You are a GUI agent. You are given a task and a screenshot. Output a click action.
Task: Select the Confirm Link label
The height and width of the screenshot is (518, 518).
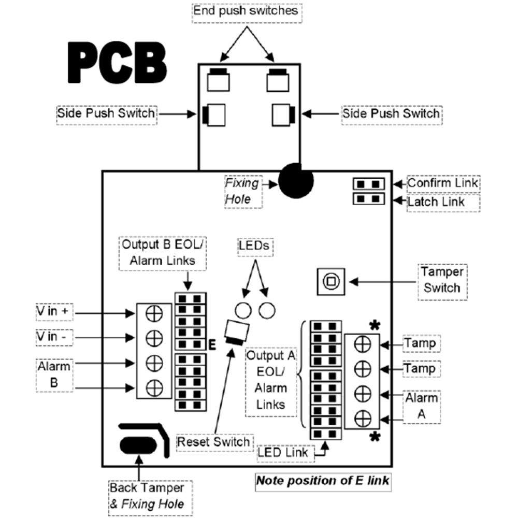[x=442, y=183]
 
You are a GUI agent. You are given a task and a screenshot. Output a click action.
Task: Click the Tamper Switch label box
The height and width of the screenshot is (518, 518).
[x=442, y=280]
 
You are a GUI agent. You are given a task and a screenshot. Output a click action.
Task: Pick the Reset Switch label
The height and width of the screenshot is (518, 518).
[x=213, y=442]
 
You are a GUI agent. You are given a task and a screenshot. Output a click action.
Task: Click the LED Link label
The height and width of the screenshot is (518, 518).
[x=283, y=452]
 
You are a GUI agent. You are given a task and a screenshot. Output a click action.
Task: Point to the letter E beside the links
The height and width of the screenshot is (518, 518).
[x=212, y=346]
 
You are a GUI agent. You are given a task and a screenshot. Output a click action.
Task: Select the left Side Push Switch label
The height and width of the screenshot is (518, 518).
[x=106, y=113]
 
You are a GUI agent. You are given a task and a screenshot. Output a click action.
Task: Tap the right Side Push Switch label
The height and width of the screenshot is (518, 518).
[x=391, y=113]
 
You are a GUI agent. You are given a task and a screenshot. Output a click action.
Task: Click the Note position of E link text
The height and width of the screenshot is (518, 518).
[x=323, y=481]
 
